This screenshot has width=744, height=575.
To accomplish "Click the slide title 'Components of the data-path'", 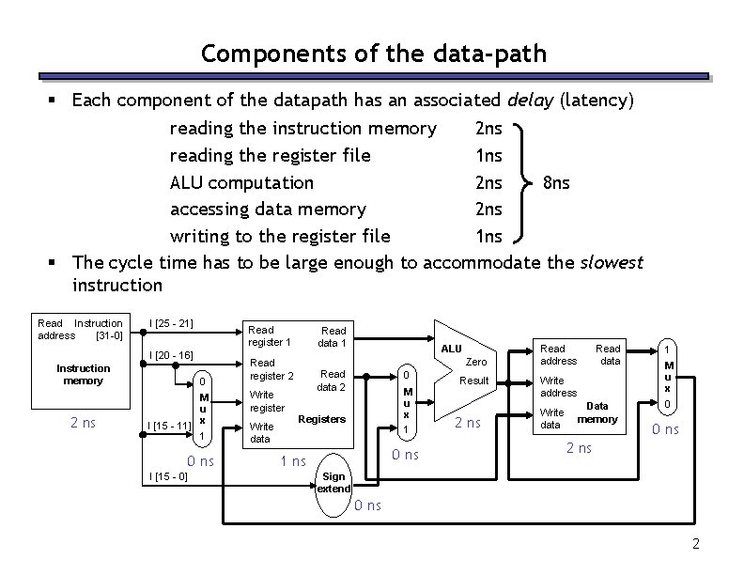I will [x=373, y=54].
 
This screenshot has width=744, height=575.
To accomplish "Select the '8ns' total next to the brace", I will [x=556, y=181].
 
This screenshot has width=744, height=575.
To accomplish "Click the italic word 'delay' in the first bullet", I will [x=530, y=100].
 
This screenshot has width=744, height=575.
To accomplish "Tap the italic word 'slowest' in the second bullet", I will [x=611, y=262].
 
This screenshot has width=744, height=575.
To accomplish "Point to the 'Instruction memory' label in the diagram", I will [x=83, y=374].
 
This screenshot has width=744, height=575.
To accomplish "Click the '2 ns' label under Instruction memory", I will [x=83, y=423].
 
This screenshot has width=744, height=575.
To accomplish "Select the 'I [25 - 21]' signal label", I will [x=171, y=324].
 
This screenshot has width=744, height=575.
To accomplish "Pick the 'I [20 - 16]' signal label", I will [x=171, y=355].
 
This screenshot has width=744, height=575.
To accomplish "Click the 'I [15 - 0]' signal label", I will [x=168, y=477].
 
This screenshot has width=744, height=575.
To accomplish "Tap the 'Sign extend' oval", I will [x=334, y=483].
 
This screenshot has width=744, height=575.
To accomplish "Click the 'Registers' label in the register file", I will [x=321, y=418].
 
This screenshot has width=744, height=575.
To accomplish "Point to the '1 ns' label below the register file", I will [x=293, y=461].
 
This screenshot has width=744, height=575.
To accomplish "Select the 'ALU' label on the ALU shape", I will [x=452, y=349].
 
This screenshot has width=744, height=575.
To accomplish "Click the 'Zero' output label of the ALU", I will [x=476, y=362].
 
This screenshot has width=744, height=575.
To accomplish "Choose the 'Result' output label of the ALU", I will [x=473, y=381].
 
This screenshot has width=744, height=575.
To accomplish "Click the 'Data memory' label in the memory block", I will [x=597, y=412].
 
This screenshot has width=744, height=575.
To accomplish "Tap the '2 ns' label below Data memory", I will [x=579, y=448].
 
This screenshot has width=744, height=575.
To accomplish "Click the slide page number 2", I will [x=695, y=544].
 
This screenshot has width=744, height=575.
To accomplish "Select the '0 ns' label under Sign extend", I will [x=367, y=506].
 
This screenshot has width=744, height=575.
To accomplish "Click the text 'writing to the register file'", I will [x=278, y=235].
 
